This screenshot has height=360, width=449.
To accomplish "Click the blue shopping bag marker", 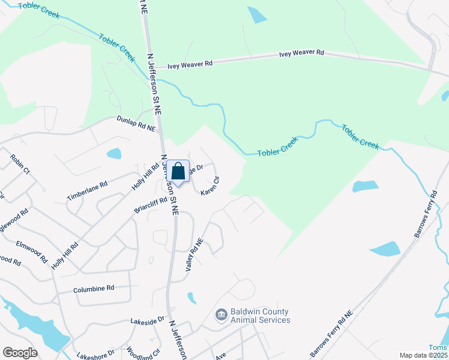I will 178,172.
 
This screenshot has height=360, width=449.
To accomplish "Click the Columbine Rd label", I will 94,289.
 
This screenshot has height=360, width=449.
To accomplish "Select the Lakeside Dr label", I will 148,322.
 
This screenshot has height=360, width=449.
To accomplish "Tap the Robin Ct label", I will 20,163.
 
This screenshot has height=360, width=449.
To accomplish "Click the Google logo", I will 20,353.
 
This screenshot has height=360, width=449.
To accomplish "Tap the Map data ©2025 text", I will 423,355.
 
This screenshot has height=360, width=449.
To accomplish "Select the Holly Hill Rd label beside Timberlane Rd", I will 142,178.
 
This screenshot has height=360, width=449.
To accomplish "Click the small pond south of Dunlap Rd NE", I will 114,154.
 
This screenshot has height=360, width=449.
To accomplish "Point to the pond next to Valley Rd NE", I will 191,298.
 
